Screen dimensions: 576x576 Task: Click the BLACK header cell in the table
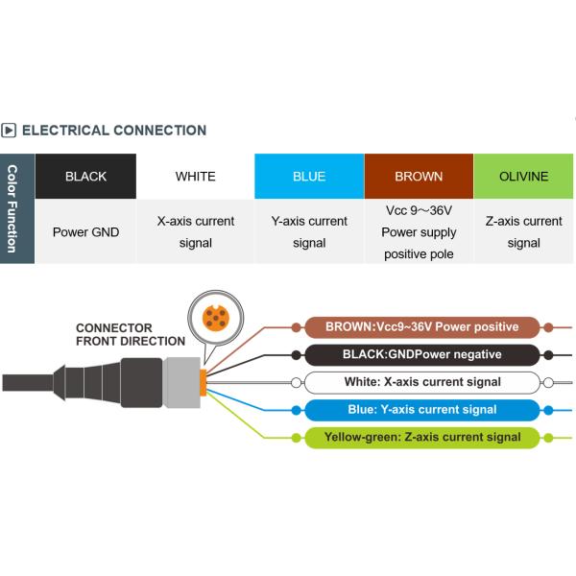pos(86,177)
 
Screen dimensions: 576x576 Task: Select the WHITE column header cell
pos(196,177)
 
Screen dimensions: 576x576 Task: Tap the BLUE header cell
pos(309,177)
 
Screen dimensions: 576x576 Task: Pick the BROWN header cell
pos(419,177)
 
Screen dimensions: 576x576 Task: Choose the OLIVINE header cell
pos(524,177)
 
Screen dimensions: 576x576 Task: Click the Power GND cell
pos(86,231)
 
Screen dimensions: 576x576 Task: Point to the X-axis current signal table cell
pos(196,231)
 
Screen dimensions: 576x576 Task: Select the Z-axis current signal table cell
pos(524,231)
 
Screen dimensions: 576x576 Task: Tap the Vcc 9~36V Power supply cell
pos(419,231)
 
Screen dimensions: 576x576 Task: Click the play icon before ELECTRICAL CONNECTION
pos(9,131)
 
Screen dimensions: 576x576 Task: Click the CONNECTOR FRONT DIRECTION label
pos(131,334)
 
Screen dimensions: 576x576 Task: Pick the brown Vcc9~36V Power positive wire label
pos(421,326)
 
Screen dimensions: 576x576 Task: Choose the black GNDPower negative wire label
pos(421,354)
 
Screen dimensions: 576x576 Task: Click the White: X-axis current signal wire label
pos(421,382)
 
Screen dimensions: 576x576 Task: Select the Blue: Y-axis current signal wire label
pos(421,410)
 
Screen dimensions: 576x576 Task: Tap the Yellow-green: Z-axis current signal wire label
pos(421,438)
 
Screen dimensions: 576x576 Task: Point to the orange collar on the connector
pos(203,378)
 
